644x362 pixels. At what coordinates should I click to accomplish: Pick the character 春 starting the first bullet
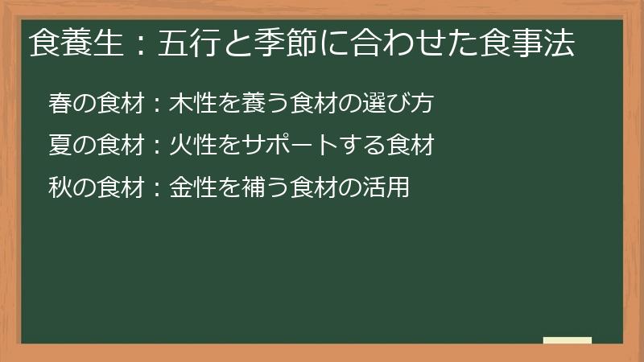[x=60, y=103]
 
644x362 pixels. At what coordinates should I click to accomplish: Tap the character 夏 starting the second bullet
[x=60, y=146]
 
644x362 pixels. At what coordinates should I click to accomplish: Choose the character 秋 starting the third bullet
[x=60, y=188]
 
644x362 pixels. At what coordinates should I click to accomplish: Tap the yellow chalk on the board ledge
[x=568, y=340]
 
